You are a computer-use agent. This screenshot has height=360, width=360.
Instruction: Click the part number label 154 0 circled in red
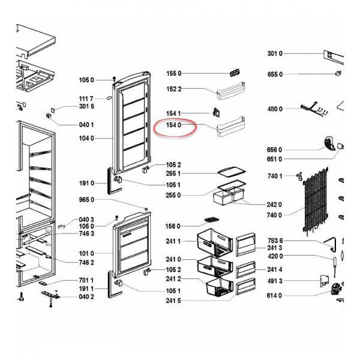coord(173,125)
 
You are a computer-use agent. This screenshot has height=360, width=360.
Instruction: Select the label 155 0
coord(174,73)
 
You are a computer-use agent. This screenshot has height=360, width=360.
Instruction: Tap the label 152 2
coord(174,89)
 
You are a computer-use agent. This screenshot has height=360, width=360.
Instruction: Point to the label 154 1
coord(173,113)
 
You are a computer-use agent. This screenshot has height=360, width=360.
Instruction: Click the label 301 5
coord(86,106)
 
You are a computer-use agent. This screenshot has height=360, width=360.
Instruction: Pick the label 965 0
coord(86,200)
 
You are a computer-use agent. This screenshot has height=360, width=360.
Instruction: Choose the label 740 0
coord(274,215)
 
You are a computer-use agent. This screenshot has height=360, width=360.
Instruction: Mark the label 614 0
coord(274,295)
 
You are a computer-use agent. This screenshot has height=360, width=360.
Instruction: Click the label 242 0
coord(274,205)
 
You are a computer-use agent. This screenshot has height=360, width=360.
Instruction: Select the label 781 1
coord(86,280)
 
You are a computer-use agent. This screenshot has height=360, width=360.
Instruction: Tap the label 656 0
coord(274,150)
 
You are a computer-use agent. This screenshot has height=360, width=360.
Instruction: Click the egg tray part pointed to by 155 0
coord(235,73)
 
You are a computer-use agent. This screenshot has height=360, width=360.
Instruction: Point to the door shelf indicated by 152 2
coord(231,91)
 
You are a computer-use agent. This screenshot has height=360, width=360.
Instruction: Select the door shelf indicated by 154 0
coord(231,126)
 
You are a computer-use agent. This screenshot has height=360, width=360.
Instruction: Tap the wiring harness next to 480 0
coord(314,110)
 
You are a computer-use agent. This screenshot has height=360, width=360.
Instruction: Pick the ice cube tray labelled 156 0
coord(211,220)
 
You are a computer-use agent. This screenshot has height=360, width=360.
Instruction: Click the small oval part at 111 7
coord(109,98)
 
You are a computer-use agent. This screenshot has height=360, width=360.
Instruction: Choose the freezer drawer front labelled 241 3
coord(245,244)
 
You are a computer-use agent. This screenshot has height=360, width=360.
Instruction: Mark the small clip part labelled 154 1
coord(216,113)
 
